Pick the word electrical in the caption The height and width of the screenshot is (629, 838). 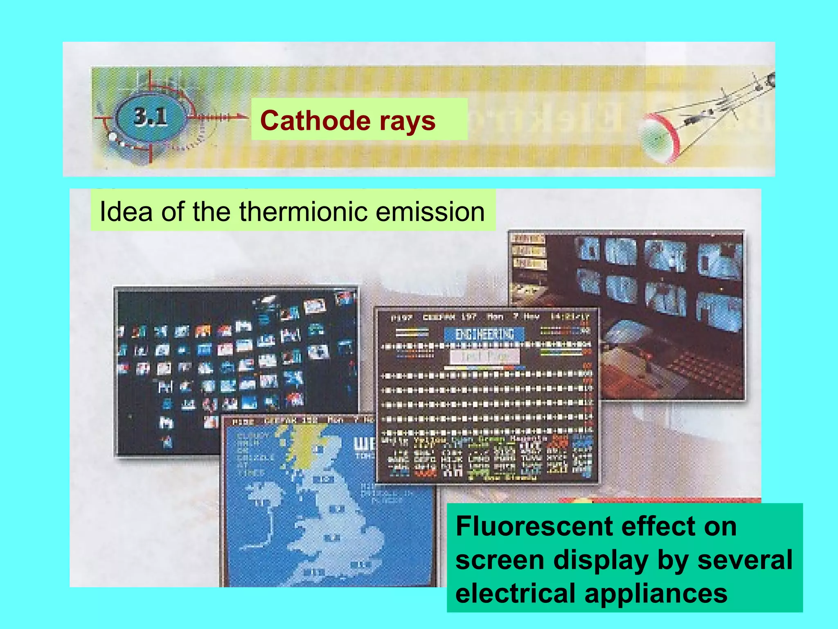pos(516,593)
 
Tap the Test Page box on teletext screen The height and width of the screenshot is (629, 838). pos(484,356)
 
